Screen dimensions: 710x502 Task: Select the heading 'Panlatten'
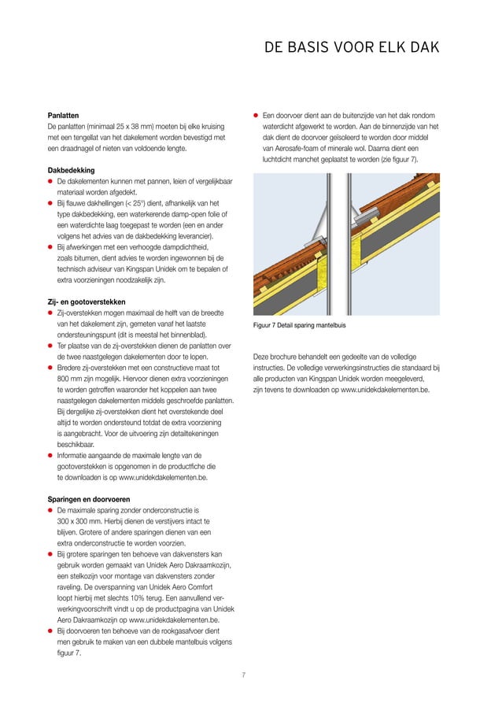[63, 114]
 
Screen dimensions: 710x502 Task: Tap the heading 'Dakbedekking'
[71, 169]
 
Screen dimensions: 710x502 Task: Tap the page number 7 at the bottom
[244, 674]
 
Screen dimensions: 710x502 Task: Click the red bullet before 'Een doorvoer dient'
[257, 115]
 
